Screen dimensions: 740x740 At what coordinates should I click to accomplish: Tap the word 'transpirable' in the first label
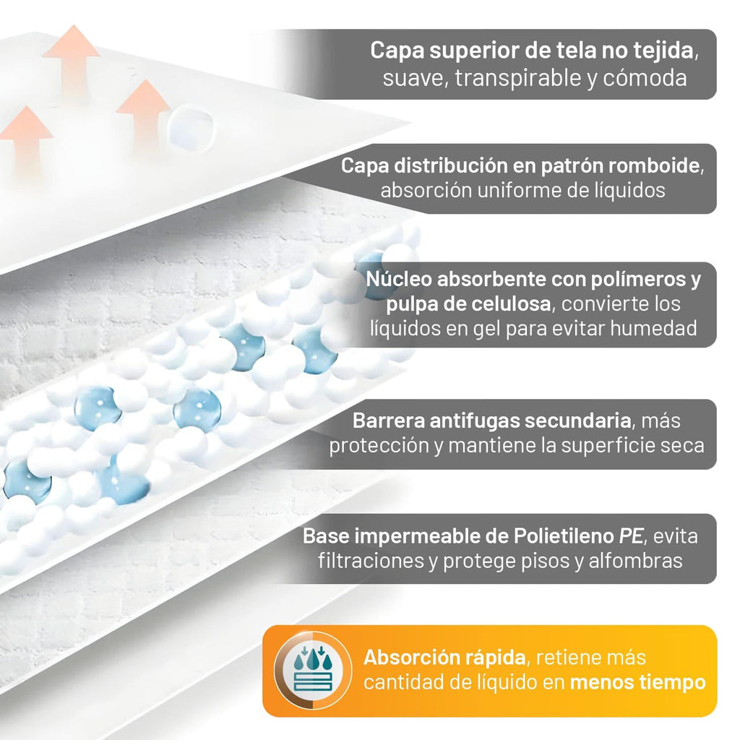(518, 78)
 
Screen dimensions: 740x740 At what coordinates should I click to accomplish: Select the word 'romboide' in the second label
(653, 165)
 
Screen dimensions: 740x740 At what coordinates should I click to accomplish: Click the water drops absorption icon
(313, 670)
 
